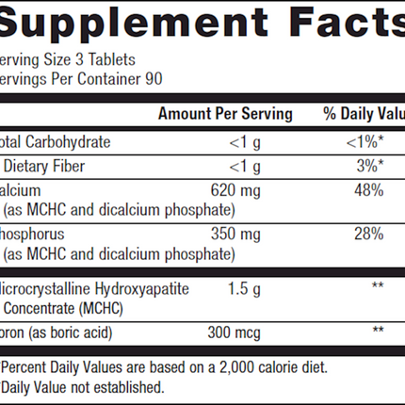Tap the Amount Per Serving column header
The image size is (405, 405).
pos(225,114)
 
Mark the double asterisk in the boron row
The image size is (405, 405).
pos(379,331)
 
